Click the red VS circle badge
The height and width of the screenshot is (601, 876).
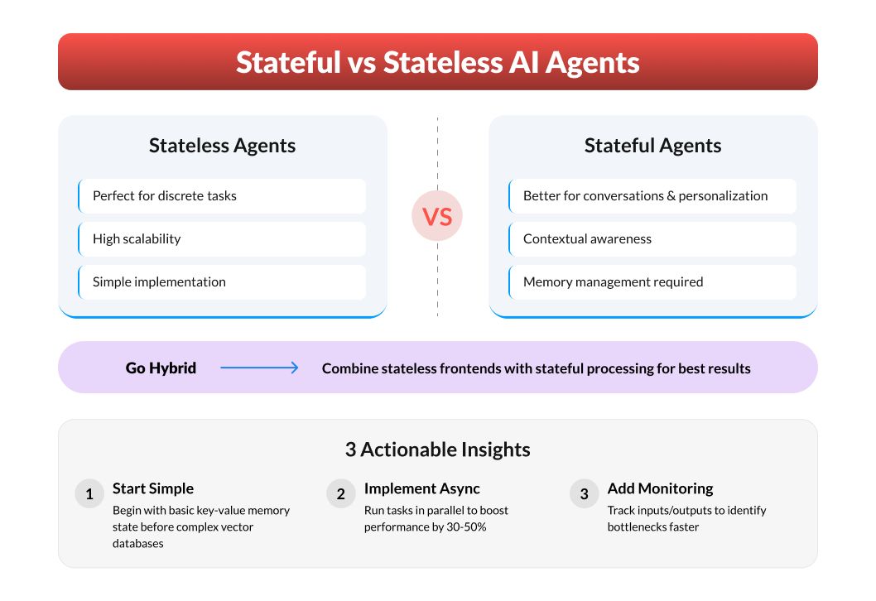click(x=437, y=216)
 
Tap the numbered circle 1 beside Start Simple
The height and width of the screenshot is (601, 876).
click(x=89, y=493)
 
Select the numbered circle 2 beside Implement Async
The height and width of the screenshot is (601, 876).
click(x=341, y=493)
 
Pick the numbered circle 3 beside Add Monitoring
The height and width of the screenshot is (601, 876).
click(x=585, y=493)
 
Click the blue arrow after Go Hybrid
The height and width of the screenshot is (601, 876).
click(x=259, y=368)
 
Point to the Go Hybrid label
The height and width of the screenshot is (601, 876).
click(x=161, y=368)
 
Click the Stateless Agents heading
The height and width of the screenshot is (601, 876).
click(x=223, y=145)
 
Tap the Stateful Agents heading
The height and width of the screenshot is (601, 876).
click(x=652, y=145)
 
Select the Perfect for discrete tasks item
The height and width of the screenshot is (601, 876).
click(x=164, y=196)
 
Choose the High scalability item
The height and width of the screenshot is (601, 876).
click(x=137, y=239)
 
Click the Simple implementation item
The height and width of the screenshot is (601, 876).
click(x=159, y=282)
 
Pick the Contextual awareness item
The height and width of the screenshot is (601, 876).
click(x=587, y=239)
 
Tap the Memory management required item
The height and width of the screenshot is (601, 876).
click(x=613, y=282)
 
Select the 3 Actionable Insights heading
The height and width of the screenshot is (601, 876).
click(x=437, y=450)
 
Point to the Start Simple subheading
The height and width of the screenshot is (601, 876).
click(x=153, y=488)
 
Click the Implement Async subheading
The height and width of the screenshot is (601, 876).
click(x=421, y=488)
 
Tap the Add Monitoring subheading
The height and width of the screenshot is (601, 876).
click(x=661, y=488)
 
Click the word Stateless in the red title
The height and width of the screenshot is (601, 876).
click(x=443, y=62)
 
